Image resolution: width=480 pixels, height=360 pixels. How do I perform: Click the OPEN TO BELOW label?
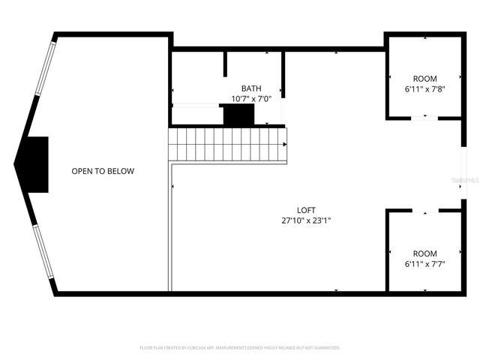click(x=103, y=171)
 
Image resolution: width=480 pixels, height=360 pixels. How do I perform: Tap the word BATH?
click(x=250, y=88)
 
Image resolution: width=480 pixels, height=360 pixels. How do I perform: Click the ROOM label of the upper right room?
click(x=424, y=79)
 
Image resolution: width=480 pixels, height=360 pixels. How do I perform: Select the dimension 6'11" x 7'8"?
click(x=424, y=89)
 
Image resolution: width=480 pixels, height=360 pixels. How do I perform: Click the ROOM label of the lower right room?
click(x=424, y=253)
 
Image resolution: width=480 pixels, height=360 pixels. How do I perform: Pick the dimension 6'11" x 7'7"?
click(x=424, y=264)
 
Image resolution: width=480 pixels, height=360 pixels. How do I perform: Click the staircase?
click(x=228, y=143)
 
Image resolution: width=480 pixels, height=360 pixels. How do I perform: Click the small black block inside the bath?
click(x=238, y=115)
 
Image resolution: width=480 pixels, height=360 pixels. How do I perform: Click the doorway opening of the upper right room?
click(x=424, y=118)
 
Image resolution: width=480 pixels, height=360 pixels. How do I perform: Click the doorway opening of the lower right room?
click(x=424, y=211)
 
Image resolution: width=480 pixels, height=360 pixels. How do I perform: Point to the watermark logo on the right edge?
click(x=467, y=180)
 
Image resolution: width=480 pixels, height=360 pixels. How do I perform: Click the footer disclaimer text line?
click(x=240, y=348)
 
